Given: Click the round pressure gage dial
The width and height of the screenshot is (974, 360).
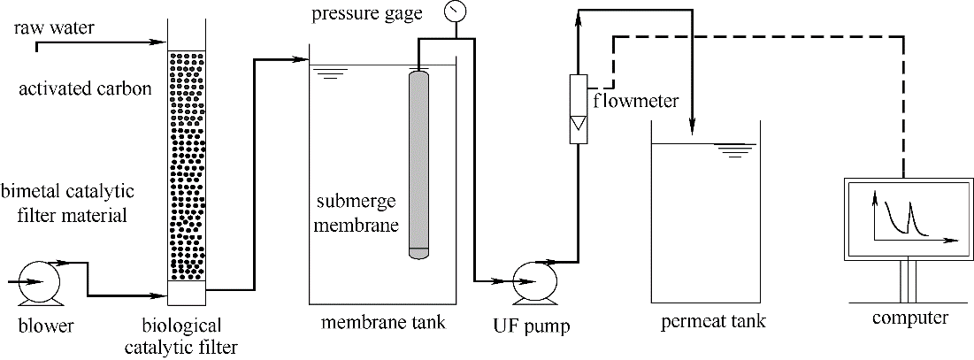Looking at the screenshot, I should (456, 12).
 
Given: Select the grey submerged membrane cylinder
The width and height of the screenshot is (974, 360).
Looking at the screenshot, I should (418, 164).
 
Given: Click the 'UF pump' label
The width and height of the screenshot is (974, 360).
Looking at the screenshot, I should (531, 326).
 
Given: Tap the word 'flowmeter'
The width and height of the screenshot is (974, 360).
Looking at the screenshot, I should (636, 100).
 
